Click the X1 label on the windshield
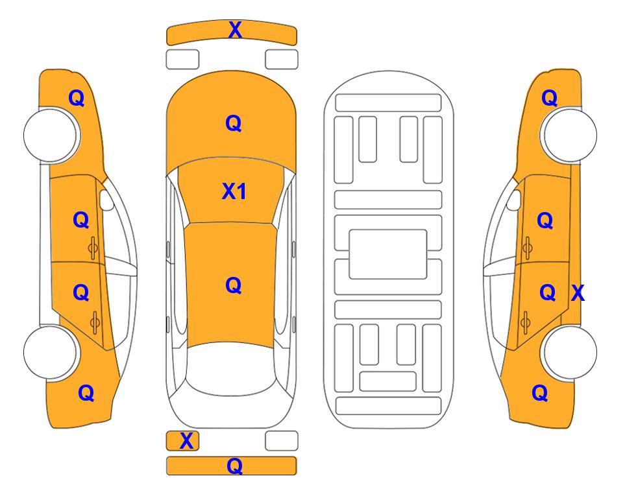[234, 191]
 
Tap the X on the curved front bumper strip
[235, 30]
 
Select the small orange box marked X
[182, 441]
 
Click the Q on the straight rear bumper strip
[234, 466]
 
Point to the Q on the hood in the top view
[234, 123]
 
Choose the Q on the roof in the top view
[234, 285]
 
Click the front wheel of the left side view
[51, 136]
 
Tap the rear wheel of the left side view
[51, 352]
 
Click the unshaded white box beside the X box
[282, 441]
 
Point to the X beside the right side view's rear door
[578, 293]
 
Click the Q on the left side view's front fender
[77, 98]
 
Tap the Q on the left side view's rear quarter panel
[86, 393]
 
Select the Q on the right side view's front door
[545, 220]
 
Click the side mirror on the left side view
[106, 200]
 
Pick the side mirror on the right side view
[514, 200]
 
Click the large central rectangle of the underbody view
[388, 254]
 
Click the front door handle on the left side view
[93, 248]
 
